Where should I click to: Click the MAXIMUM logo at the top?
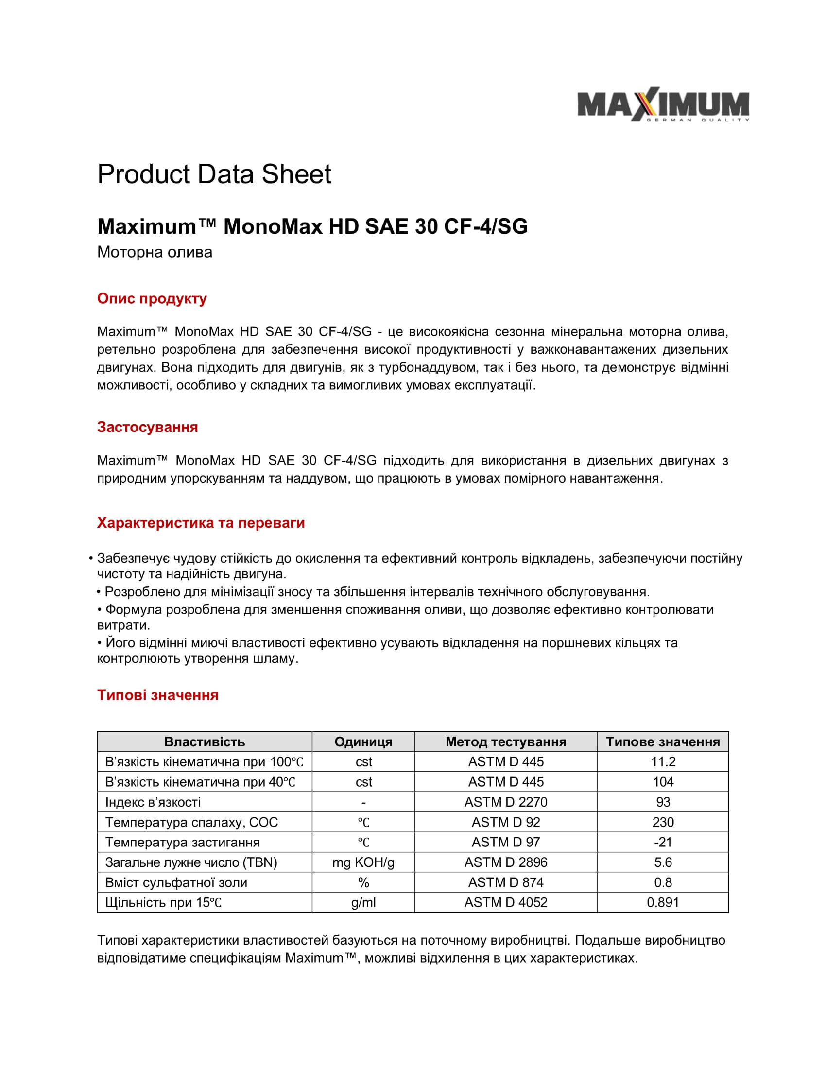tap(663, 105)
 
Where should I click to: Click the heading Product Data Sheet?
tap(214, 174)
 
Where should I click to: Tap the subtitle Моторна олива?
tap(155, 252)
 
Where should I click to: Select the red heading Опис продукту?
tap(152, 298)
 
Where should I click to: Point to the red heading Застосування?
tap(147, 427)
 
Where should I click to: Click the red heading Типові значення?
tap(157, 695)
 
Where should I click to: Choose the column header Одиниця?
tap(363, 742)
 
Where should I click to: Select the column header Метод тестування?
tap(505, 742)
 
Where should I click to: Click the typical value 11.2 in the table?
tap(663, 762)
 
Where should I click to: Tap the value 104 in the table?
tap(663, 782)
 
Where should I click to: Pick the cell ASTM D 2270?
tap(505, 802)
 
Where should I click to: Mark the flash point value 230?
tap(663, 822)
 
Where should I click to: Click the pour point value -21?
tap(663, 843)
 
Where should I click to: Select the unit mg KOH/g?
tap(363, 862)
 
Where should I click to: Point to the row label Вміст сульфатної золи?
tap(176, 882)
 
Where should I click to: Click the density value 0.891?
tap(663, 903)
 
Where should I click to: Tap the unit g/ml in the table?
tap(363, 903)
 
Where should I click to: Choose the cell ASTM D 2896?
tap(505, 862)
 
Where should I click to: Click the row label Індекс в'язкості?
tap(153, 802)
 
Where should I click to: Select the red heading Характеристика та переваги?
tap(201, 523)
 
